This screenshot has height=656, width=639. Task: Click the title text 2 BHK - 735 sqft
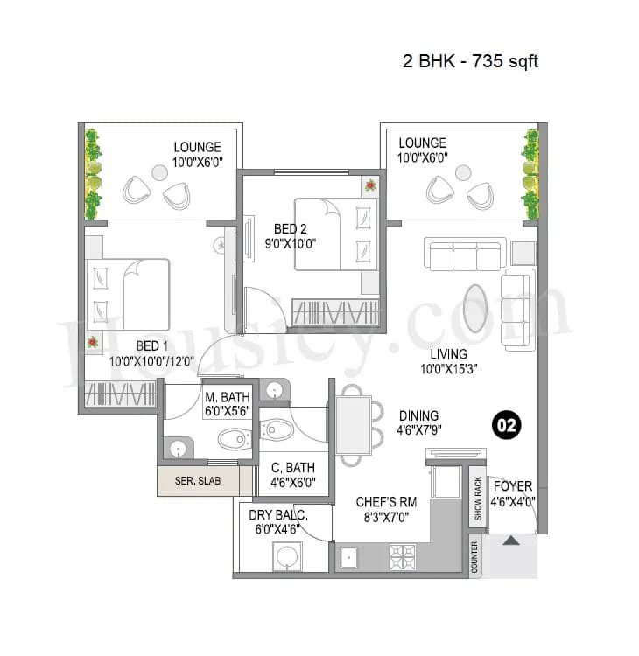tap(470, 61)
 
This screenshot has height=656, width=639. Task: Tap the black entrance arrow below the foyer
tap(510, 541)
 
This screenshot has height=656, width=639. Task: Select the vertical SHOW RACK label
tap(477, 499)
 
